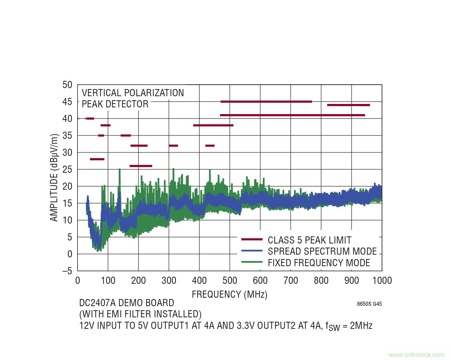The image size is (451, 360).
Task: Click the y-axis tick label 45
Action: point(67,102)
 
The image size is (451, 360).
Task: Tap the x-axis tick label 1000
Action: point(382,280)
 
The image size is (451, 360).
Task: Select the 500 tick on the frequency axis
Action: point(230,280)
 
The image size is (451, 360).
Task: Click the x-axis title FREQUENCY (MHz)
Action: point(229,294)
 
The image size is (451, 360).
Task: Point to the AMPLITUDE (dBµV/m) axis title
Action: point(54,178)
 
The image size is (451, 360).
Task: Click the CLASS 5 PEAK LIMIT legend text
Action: point(309,240)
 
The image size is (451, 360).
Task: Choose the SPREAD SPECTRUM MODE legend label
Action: point(322,251)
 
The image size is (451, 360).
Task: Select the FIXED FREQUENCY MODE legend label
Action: point(319,263)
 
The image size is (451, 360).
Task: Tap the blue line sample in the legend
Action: point(252,251)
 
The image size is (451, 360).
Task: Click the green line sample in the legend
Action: point(252,262)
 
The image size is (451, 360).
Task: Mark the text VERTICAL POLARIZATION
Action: point(133,93)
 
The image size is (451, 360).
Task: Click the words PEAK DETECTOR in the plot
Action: point(115,104)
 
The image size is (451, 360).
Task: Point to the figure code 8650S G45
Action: point(369,304)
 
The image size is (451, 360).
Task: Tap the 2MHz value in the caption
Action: point(361,326)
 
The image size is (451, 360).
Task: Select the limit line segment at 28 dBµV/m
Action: point(97,159)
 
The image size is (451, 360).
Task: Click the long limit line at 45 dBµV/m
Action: point(266,102)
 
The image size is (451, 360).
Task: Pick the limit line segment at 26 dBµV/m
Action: point(141,166)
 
